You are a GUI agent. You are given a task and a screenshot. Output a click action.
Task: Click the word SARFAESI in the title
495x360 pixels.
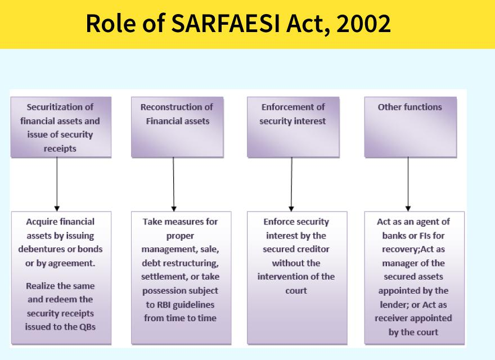tap(226, 24)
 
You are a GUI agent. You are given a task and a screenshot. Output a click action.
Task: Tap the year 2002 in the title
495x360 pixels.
tap(363, 24)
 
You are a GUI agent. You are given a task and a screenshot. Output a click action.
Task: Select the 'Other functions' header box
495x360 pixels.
tap(411, 127)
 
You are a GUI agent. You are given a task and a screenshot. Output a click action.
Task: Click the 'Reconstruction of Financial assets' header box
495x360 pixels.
tap(177, 127)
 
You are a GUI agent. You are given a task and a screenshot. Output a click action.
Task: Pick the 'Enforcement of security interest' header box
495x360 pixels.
tap(293, 127)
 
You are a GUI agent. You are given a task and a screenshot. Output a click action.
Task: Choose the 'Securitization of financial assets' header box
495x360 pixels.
tap(61, 127)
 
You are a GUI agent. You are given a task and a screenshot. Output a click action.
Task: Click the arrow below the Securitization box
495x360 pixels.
tap(57, 184)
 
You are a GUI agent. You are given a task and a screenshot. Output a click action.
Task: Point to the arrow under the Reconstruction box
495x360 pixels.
tap(174, 184)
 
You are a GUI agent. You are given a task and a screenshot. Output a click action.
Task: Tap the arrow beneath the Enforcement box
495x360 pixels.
tap(291, 184)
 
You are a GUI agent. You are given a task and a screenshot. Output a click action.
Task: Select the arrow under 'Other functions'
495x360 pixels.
tap(408, 184)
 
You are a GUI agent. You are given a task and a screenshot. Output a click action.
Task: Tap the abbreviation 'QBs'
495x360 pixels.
tap(87, 327)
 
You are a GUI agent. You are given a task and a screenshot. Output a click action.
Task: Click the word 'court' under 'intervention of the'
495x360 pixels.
tap(296, 290)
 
